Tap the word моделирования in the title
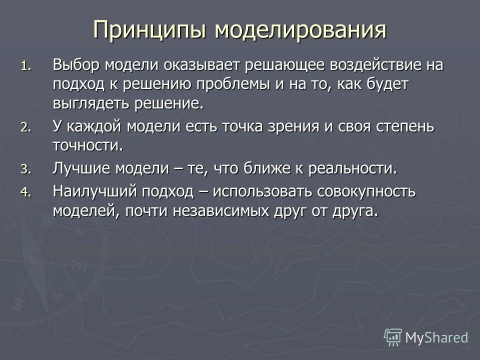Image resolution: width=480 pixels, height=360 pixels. click(x=300, y=30)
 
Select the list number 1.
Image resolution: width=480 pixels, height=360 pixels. click(x=25, y=66)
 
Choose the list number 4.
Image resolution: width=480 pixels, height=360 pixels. click(x=25, y=191)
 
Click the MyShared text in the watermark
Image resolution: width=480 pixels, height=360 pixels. click(x=436, y=338)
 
